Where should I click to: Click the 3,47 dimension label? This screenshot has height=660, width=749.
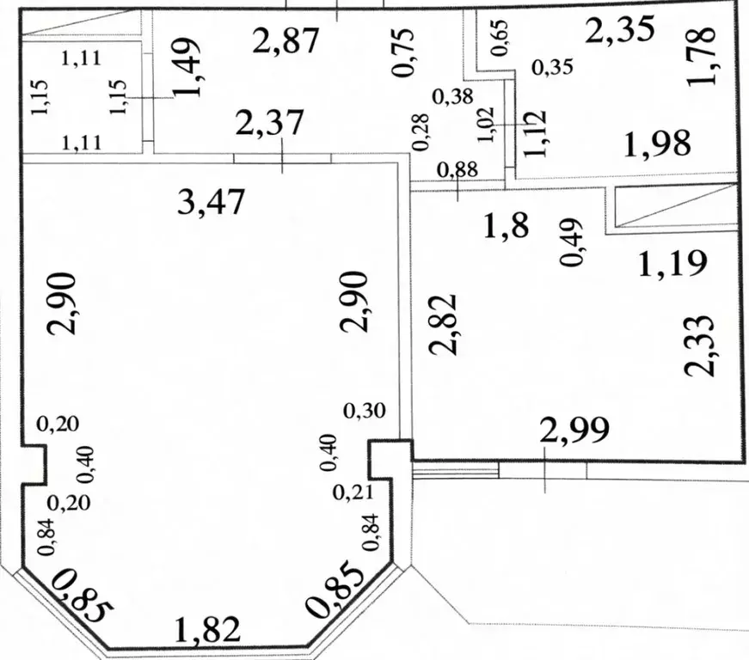pos(210,204)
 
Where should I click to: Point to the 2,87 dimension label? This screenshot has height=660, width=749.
pos(286,40)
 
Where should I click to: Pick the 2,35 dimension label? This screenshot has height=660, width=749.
pos(619,31)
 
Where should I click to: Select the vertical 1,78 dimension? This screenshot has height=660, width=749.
pos(703,56)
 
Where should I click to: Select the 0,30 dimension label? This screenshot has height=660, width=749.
pos(365,412)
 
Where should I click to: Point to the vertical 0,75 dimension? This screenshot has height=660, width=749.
pos(403,53)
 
